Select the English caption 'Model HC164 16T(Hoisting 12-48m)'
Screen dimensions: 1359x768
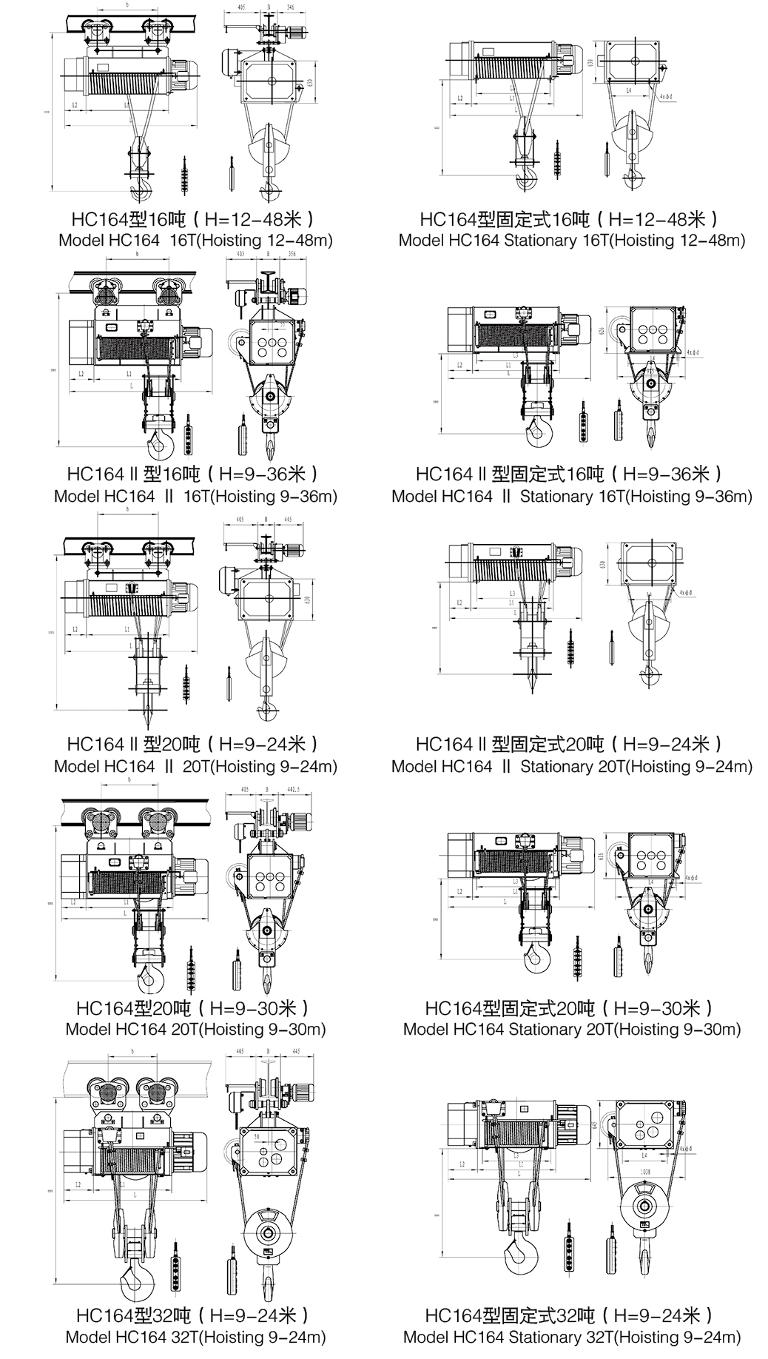coord(195,241)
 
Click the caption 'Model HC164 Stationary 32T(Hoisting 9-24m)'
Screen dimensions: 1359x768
coord(572,1337)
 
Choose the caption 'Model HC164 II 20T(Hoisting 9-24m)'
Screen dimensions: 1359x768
coord(195,767)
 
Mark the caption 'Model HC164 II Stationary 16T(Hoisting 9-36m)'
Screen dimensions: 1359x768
coord(572,497)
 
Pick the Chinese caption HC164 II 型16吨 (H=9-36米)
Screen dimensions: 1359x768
coord(194,474)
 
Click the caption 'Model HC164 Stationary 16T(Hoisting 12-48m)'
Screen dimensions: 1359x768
coord(572,241)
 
